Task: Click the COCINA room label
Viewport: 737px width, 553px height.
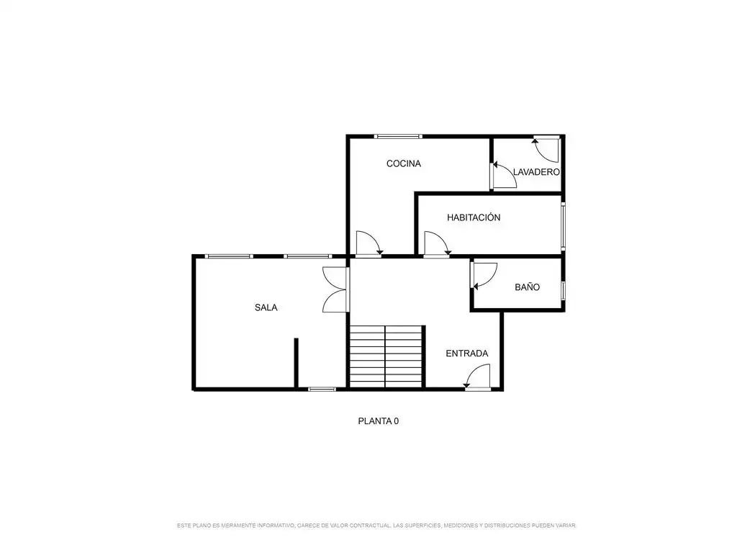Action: coord(403,163)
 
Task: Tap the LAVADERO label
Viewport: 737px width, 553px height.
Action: coord(536,172)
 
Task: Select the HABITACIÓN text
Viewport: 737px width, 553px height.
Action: coord(474,217)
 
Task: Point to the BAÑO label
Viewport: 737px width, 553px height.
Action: coord(527,287)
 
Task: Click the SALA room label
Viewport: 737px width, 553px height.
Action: coord(266,307)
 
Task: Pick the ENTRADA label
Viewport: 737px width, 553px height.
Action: coord(466,353)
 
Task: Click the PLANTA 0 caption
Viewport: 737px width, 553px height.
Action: coord(379,421)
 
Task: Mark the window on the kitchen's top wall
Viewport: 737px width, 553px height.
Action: coord(398,136)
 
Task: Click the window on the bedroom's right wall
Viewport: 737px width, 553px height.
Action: coord(563,226)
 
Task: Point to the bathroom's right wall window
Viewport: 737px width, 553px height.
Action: coord(563,290)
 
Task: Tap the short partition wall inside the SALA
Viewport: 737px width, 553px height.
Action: coord(296,363)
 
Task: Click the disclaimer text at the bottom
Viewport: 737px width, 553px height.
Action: coord(376,525)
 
